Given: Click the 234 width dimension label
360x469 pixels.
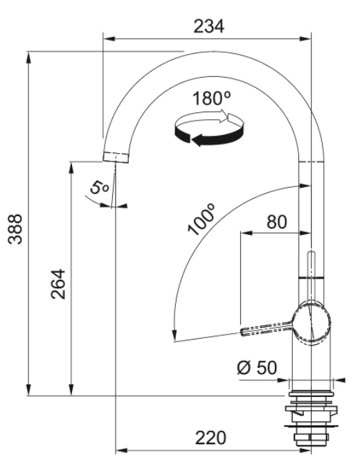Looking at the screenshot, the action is coord(208,26).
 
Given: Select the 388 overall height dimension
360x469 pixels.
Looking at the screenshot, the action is coord(15,229).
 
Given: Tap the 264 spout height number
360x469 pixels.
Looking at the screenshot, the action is coord(58,284).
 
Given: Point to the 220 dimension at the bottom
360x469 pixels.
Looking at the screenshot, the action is coord(210,438).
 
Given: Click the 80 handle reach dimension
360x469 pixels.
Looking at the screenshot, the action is coord(277,222).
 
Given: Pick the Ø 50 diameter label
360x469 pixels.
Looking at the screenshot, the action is coord(257,368).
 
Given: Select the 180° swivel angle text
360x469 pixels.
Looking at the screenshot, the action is coord(211,98).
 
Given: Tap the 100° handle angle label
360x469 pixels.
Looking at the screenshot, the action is coord(201,219).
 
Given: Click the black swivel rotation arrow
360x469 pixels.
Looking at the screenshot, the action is coord(209,136).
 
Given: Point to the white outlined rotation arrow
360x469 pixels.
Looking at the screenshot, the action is coord(209,119).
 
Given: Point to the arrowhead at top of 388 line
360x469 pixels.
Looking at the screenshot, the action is coord(28,57).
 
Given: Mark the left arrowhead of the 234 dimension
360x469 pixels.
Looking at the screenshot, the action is coord(109,39).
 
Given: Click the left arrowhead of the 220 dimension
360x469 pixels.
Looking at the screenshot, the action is coord(122,450).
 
